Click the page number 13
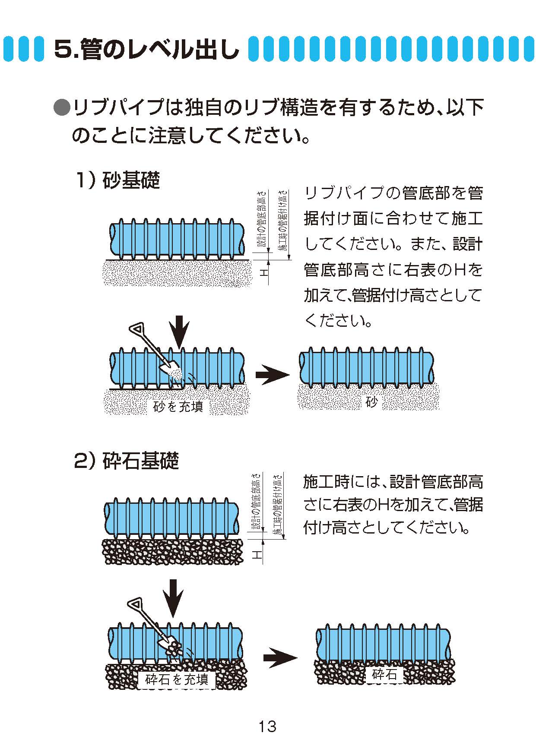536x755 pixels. tap(267, 727)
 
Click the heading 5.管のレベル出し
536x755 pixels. tap(147, 49)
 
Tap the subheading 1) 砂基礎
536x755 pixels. tap(118, 180)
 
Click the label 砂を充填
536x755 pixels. tap(178, 406)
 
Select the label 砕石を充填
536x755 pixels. tap(177, 679)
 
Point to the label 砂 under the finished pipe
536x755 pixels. tap(371, 402)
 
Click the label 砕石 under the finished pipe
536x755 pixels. tap(384, 674)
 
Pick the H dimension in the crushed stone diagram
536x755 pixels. tap(257, 554)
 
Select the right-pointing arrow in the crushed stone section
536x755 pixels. tap(280, 657)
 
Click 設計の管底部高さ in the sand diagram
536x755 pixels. tap(262, 221)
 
